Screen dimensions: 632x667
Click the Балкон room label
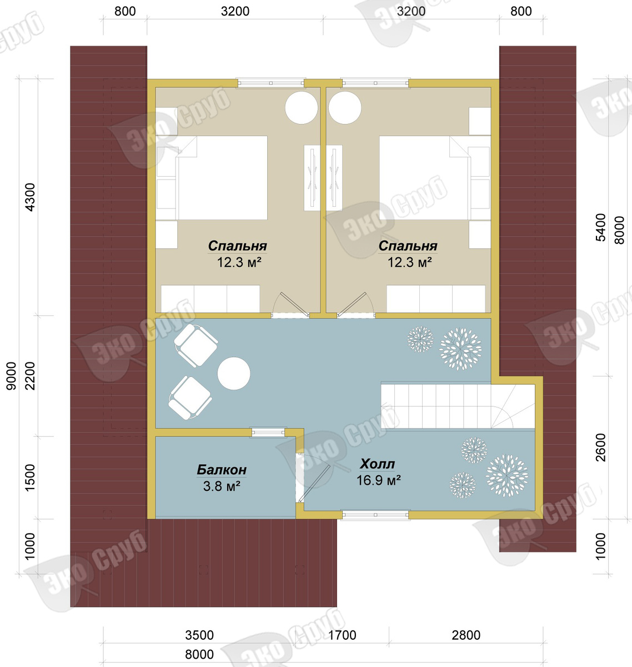[x=222, y=470]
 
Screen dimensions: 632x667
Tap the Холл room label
[x=378, y=464]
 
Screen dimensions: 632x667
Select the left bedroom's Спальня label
[x=237, y=246]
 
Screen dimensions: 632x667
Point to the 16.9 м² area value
[x=378, y=480]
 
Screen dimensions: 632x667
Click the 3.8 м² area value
[x=222, y=486]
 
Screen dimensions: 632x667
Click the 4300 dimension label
[x=31, y=197]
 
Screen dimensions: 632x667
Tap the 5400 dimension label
[x=600, y=227]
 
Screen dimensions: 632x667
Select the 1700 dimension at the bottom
[x=342, y=635]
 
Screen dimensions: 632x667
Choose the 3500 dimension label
[x=199, y=635]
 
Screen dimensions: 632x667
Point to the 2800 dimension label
[x=466, y=635]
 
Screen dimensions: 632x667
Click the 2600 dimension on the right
[x=600, y=447]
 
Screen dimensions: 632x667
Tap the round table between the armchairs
[x=234, y=373]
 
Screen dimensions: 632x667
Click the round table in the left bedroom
[x=302, y=107]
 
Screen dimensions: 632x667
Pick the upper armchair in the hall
[x=195, y=345]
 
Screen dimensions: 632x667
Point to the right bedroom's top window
[x=375, y=83]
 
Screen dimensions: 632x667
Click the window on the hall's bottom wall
[x=375, y=515]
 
